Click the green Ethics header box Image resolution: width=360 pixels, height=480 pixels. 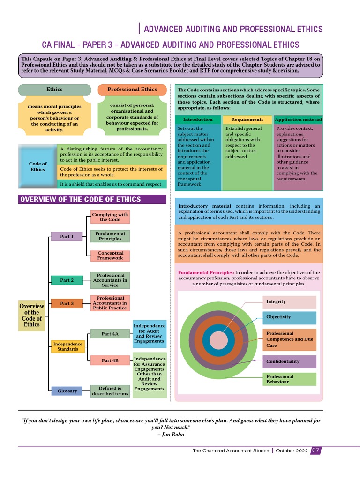click(54, 90)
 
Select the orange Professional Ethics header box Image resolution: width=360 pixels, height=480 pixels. click(132, 90)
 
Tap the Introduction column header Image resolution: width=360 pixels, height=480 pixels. click(198, 120)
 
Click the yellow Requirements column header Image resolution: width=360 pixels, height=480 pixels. click(247, 120)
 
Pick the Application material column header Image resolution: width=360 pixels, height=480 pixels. click(298, 120)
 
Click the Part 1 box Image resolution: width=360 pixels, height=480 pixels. click(67, 237)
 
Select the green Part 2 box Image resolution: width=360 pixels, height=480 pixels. click(67, 280)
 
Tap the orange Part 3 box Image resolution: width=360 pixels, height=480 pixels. click(67, 304)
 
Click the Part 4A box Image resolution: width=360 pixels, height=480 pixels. click(110, 334)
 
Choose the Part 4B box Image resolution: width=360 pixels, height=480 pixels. click(110, 360)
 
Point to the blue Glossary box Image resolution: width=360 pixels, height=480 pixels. click(67, 391)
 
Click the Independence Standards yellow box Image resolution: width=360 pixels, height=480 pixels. click(68, 346)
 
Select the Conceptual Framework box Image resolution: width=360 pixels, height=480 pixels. click(110, 256)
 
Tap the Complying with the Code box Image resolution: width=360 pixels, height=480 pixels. click(110, 217)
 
